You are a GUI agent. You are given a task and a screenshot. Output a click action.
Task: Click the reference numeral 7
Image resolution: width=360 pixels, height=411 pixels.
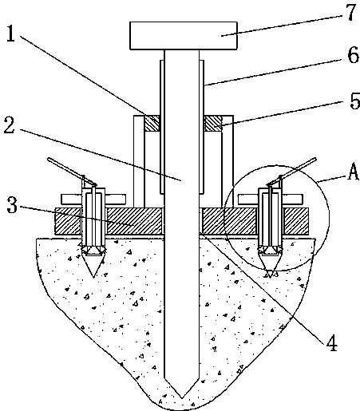[x=351, y=12]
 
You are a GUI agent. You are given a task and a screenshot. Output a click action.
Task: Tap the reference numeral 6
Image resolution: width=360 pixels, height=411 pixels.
[x=354, y=55]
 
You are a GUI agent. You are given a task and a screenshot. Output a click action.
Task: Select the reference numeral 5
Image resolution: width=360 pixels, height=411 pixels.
[x=354, y=101]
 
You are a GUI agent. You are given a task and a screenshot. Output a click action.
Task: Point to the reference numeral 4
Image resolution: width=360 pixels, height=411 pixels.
[x=332, y=342]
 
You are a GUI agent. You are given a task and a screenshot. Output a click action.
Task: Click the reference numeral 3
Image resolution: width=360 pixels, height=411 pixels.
[x=12, y=204]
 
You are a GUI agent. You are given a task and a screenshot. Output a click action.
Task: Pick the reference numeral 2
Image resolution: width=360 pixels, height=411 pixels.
[x=10, y=125]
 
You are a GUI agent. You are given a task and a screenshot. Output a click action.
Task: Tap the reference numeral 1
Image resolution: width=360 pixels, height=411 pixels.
[x=10, y=34]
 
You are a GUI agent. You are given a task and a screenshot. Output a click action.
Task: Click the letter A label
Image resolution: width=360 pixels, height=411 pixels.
[x=353, y=172]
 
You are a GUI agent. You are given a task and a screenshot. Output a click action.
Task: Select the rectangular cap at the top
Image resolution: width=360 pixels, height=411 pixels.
[x=184, y=36]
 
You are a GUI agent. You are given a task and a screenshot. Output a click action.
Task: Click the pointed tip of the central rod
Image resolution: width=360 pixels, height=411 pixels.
[x=182, y=398]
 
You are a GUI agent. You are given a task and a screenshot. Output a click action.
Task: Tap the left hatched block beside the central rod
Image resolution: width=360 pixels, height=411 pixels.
[x=152, y=123]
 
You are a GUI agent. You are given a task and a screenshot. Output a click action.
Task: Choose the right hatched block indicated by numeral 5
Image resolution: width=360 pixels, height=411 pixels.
[x=212, y=123]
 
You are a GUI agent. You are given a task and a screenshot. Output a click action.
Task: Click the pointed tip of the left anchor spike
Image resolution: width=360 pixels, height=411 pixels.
[x=93, y=278]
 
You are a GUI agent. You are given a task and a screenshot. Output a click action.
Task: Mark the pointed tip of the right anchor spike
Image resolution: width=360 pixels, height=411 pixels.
[x=270, y=278]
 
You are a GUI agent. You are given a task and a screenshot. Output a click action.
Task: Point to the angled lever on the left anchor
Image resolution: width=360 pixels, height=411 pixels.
[x=72, y=172]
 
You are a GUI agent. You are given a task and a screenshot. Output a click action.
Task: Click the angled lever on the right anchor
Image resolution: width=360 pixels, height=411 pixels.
[x=291, y=172]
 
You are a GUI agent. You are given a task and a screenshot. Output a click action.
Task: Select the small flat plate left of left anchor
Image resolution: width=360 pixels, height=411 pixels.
[x=72, y=199]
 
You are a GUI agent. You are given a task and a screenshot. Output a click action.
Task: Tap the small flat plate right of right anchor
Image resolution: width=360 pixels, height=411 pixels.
[x=292, y=199]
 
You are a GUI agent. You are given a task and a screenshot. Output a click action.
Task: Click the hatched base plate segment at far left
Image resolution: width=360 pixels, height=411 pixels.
[x=68, y=221]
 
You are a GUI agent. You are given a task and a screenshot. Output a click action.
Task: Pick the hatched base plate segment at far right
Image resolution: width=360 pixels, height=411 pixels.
[x=296, y=221]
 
